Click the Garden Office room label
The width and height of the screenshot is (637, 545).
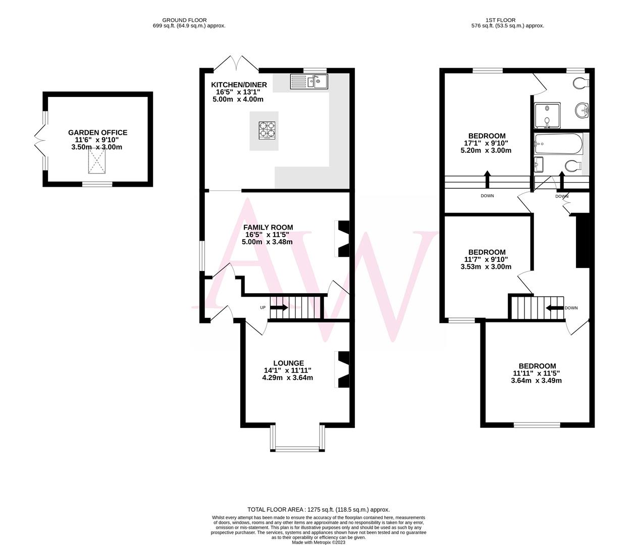[97, 133]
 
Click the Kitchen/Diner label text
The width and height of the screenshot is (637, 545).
[239, 85]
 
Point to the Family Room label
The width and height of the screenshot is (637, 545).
[268, 228]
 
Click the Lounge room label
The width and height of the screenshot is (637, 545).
[288, 363]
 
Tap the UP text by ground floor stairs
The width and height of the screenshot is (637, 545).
[262, 308]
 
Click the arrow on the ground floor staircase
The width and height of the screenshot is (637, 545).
[279, 308]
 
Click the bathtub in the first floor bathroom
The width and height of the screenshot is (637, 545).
[558, 144]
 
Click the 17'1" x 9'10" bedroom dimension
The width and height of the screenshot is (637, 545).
[487, 143]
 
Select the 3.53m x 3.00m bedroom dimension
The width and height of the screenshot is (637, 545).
[486, 267]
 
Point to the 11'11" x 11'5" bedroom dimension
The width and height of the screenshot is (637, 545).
[537, 373]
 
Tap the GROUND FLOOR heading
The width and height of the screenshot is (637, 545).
[189, 20]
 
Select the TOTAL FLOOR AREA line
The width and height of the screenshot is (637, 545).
[318, 510]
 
